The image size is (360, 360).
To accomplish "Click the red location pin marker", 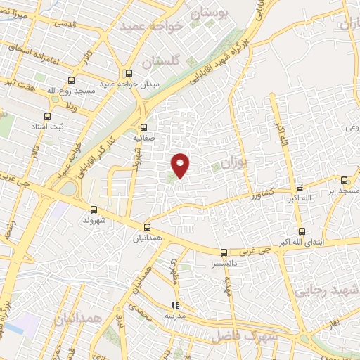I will [181, 165].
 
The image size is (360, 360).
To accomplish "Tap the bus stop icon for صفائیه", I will [143, 127].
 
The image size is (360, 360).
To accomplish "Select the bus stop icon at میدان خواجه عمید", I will [129, 72].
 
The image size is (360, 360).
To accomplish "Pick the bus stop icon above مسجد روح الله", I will [70, 81].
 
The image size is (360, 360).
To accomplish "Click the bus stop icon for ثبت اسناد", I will [47, 116].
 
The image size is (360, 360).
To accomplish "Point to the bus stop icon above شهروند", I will [94, 209].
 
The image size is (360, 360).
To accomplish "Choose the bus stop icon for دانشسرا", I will [224, 252].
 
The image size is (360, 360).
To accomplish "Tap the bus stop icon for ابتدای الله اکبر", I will [300, 231].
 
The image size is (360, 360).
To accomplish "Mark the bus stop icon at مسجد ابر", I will [344, 180].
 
